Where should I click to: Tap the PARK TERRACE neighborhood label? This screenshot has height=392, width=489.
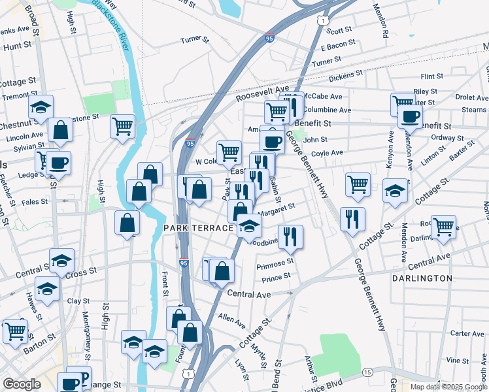pos(199,228)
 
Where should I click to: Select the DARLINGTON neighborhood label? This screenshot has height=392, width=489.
pos(422,278)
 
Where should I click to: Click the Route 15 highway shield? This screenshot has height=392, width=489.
pos(367,372)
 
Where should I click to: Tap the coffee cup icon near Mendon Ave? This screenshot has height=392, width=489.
pos(410,117)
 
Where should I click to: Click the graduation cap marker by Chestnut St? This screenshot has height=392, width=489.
pos(41,107)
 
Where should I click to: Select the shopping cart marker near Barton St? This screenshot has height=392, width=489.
pos(15,330)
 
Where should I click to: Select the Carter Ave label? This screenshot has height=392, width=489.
pos(468,333)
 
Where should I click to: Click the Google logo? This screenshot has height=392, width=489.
pos(22,384)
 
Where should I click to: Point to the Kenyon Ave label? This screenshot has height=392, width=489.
pos(390,150)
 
